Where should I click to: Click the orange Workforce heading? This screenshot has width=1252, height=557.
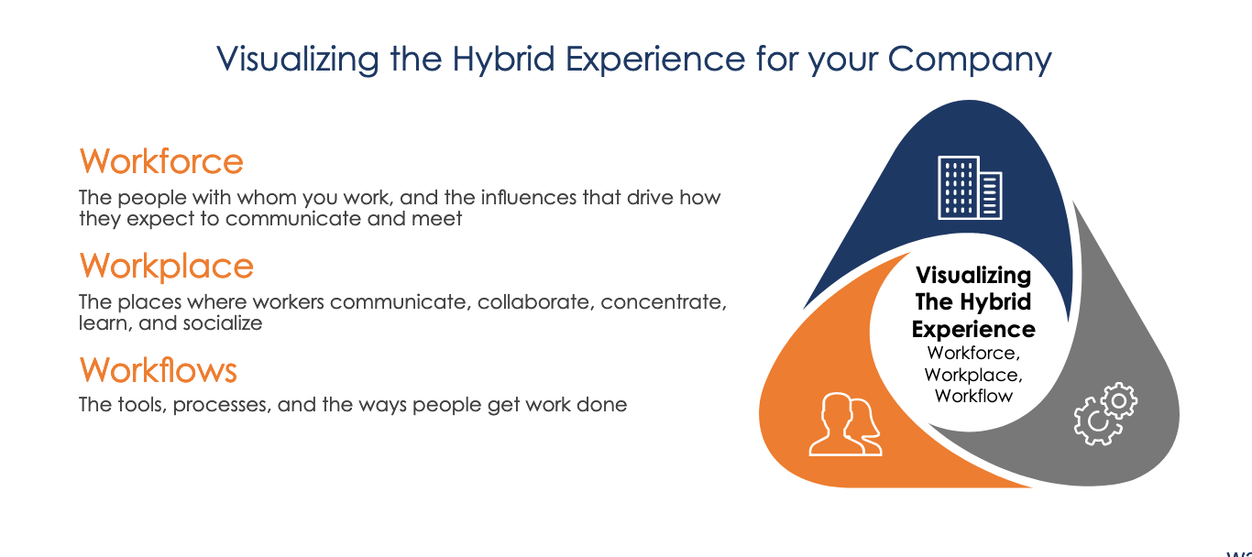[161, 161]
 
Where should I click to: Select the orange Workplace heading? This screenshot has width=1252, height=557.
[167, 266]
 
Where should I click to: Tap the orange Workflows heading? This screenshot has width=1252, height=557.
[159, 370]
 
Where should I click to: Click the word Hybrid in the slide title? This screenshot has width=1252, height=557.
[503, 59]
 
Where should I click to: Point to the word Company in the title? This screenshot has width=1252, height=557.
[970, 60]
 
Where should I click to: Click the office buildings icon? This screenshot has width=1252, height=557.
[970, 188]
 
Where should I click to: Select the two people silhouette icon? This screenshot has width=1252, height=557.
[846, 424]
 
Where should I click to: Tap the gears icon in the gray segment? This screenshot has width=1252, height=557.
[1105, 414]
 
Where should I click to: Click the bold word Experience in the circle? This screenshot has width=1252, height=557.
[973, 330]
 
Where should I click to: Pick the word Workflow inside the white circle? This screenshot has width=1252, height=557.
[973, 396]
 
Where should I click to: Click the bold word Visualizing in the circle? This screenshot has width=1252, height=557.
[973, 276]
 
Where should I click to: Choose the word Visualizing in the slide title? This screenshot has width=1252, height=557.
[297, 60]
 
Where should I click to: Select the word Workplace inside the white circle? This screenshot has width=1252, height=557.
[973, 375]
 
